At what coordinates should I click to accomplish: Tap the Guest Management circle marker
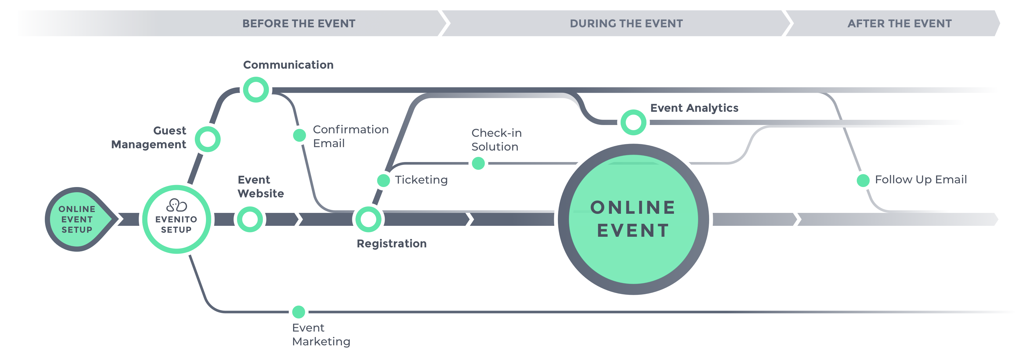[x=207, y=139]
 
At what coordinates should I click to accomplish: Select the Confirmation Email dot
[x=299, y=135]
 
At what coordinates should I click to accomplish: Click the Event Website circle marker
[x=250, y=219]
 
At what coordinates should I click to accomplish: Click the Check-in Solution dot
[x=478, y=163]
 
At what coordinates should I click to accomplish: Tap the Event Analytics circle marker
[x=633, y=122]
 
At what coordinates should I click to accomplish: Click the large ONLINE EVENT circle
[x=633, y=219]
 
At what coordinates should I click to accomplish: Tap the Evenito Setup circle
[x=176, y=219]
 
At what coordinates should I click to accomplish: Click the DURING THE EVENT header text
[x=626, y=24]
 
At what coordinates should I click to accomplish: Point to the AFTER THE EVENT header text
[x=899, y=24]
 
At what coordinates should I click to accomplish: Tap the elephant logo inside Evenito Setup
[x=176, y=205]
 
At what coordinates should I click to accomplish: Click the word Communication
[x=288, y=65]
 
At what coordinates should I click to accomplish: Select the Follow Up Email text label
[x=921, y=180]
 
